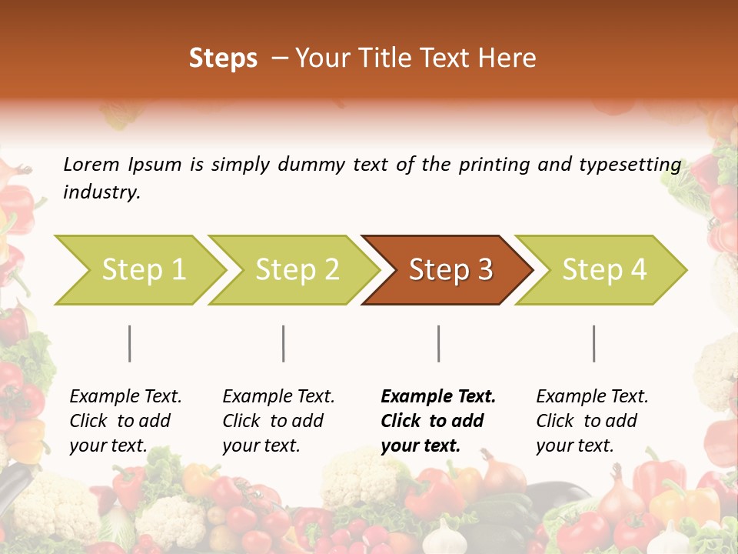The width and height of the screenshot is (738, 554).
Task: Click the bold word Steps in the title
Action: [223, 58]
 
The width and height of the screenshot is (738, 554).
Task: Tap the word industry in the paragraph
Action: [101, 192]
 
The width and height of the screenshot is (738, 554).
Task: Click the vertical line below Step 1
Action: [130, 343]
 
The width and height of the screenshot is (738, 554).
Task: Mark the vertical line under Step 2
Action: [284, 343]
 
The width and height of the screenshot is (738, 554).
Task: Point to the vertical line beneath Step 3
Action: [439, 343]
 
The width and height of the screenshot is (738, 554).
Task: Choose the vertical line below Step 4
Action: [594, 343]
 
